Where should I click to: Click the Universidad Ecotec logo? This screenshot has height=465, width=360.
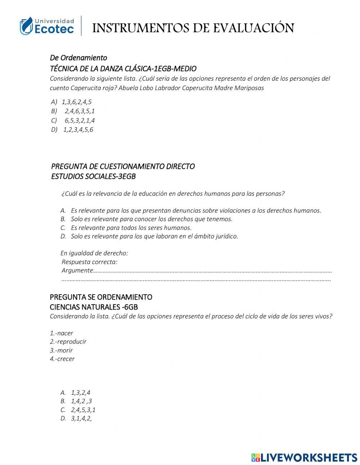coord(47,26)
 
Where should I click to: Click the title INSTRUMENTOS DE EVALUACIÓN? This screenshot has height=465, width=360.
coord(193,28)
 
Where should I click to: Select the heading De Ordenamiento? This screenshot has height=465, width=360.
coord(78,58)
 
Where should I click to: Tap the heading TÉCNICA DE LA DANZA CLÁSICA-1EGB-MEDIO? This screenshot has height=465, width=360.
coord(123,68)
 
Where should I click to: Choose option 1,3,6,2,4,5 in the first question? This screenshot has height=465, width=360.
coord(76,102)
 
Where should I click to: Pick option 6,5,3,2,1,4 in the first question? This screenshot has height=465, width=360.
coord(80,120)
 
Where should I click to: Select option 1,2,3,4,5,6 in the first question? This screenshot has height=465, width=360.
coord(78,130)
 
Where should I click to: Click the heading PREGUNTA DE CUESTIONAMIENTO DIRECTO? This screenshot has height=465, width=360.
coord(123,166)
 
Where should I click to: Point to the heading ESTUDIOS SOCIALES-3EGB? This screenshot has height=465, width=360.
coord(93,176)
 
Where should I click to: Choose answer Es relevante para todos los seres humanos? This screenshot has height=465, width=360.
coord(131,228)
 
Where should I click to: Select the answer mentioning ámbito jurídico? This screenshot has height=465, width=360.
coord(154,236)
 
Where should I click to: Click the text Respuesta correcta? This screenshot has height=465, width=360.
coord(89,262)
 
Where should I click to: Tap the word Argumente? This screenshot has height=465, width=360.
coord(77,270)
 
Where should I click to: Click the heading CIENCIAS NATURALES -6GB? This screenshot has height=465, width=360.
coord(94,307)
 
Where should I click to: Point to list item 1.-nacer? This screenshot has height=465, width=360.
coord(61,333)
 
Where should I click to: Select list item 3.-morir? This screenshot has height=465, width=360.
coord(61,350)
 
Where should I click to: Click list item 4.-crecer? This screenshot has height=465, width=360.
coord(62,359)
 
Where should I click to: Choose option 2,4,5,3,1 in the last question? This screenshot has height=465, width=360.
coord(83,410)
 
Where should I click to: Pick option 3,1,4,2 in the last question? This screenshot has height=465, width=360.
coord(81,419)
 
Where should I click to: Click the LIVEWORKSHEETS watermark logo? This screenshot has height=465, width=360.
coord(304,457)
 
